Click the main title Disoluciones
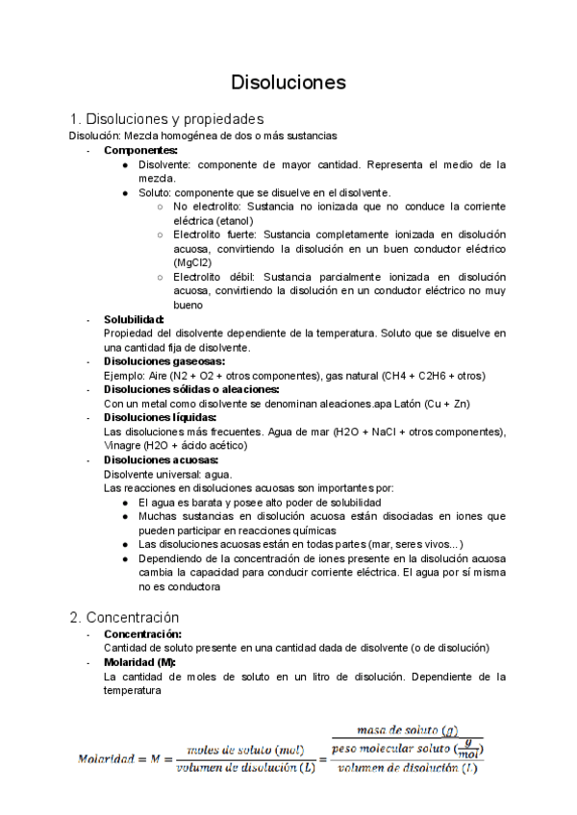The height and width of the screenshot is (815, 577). [x=288, y=83]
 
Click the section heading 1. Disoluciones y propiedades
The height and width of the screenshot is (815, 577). [x=165, y=119]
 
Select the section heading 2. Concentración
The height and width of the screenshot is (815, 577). [x=124, y=616]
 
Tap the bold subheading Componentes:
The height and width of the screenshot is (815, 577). [x=140, y=151]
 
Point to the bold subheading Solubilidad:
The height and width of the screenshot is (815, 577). [x=134, y=319]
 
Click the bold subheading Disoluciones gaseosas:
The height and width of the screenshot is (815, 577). [x=163, y=361]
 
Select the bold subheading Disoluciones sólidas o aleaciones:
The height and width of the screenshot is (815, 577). [x=191, y=389]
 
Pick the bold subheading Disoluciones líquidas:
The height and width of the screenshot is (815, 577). [x=160, y=417]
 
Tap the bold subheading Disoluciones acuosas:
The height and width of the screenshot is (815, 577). [x=161, y=459]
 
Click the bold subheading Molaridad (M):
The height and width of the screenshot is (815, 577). [x=139, y=662]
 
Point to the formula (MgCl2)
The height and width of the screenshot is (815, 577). [x=193, y=262]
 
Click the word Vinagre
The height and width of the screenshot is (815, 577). [x=122, y=446]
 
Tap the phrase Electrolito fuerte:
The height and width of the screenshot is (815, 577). [x=215, y=235]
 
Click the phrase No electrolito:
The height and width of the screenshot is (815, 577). [x=207, y=207]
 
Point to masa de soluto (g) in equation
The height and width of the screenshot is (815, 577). [x=407, y=729]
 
